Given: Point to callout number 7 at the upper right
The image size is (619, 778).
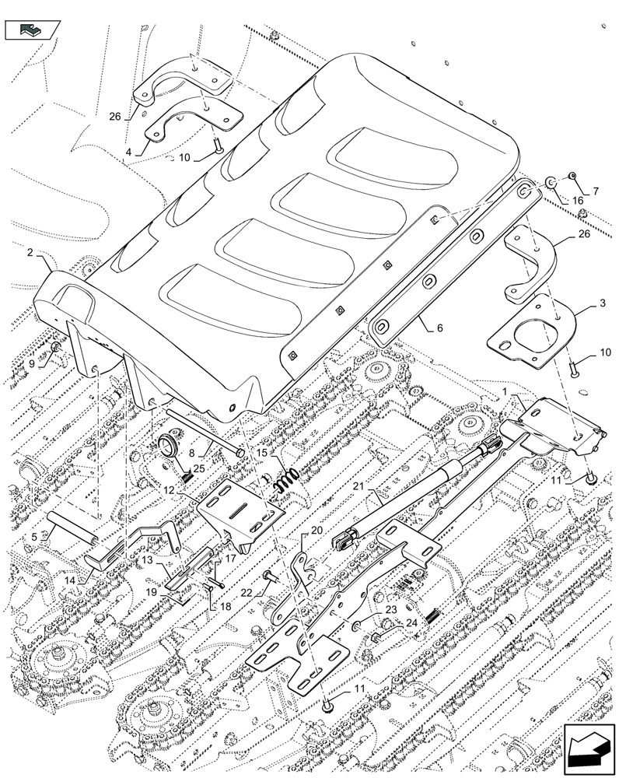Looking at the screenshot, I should (x=596, y=191).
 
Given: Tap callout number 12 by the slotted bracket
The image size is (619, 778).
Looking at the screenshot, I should (x=167, y=489).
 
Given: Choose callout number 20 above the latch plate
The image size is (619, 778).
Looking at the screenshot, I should (x=316, y=530).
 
